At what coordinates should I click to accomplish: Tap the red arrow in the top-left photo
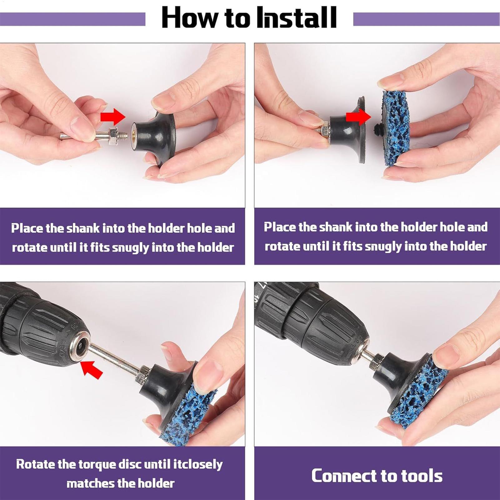113,117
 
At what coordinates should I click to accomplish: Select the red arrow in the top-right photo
359,117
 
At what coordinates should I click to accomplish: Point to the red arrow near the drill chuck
92,369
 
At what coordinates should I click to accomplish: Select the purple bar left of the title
72,19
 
